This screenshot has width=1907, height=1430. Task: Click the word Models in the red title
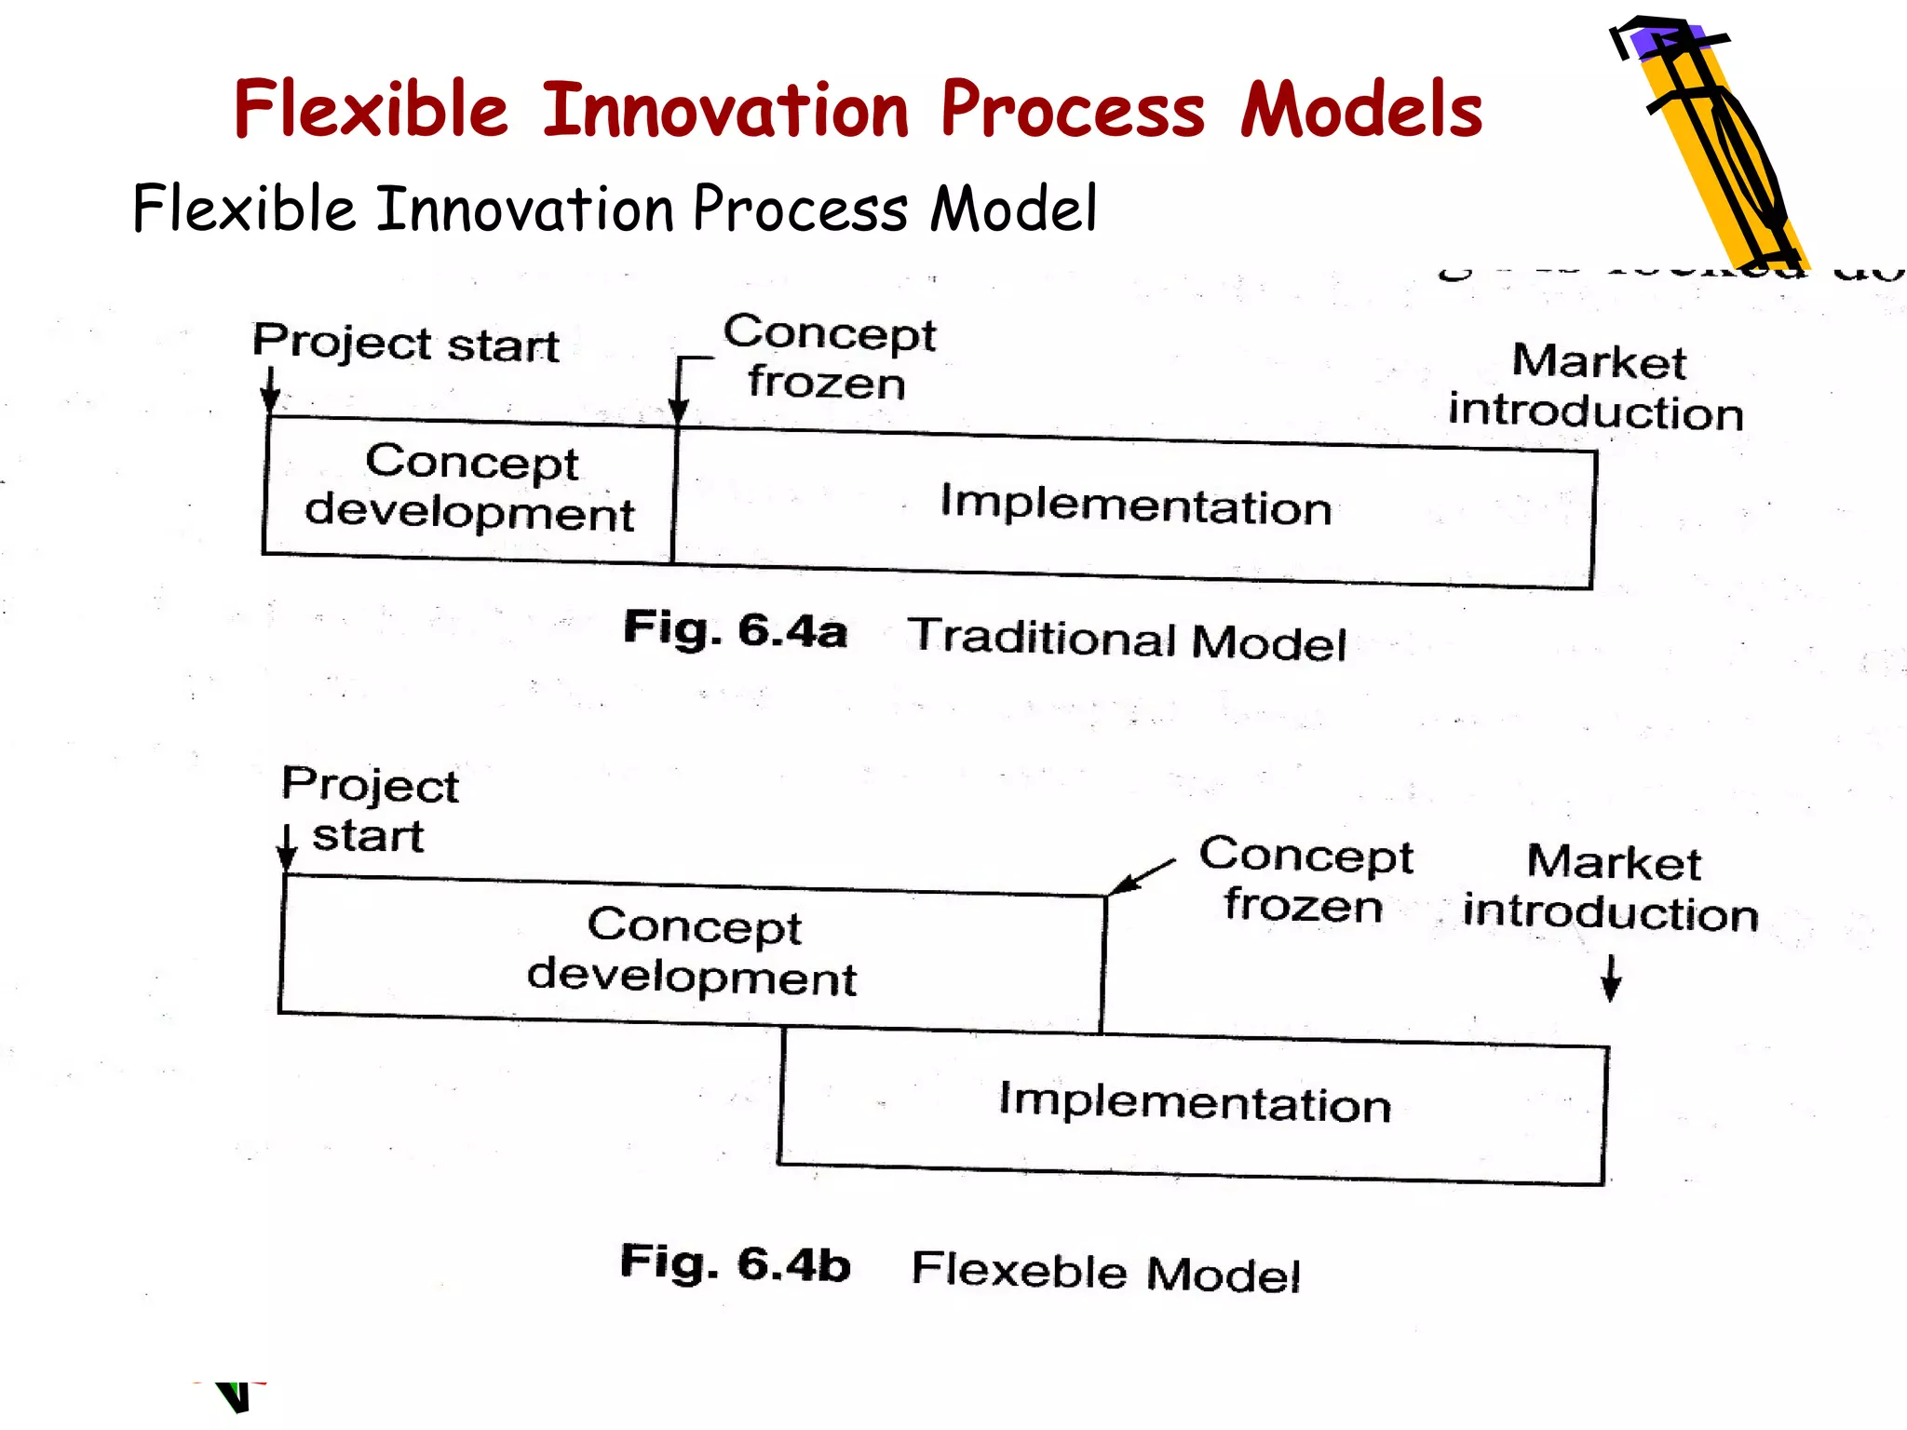(x=1360, y=110)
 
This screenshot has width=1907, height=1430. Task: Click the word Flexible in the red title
(x=371, y=110)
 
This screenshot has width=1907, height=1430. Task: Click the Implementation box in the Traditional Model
(x=1134, y=507)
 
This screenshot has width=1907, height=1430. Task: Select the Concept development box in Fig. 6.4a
(x=469, y=489)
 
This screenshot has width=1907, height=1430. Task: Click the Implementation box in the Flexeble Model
(x=1194, y=1104)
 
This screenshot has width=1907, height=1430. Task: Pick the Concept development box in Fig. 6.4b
(x=692, y=951)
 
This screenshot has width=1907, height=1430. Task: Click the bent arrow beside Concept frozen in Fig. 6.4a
(x=684, y=386)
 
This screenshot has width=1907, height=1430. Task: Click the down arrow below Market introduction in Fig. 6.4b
(x=1611, y=978)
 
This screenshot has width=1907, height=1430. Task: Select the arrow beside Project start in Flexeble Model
(x=288, y=847)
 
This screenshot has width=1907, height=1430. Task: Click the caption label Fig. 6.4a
(x=735, y=630)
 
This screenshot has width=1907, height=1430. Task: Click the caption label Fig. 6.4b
(x=735, y=1264)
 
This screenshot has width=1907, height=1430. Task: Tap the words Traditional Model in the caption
(x=1127, y=640)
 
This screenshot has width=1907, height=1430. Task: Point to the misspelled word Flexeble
(x=1019, y=1270)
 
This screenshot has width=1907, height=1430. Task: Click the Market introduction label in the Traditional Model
(x=1596, y=386)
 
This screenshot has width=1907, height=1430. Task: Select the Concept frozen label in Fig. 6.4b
(x=1305, y=880)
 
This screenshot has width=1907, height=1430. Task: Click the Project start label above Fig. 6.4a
(x=406, y=344)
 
